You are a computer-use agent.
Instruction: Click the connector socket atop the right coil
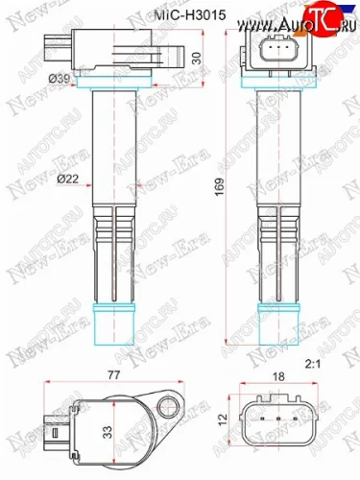point(278,51)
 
